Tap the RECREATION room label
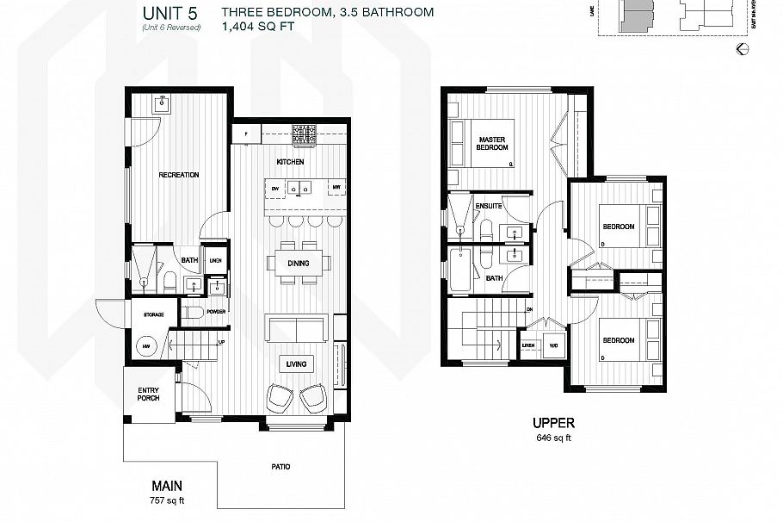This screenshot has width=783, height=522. click(x=179, y=175)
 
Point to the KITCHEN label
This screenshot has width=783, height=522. click(x=290, y=162)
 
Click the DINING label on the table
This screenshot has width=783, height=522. click(x=298, y=264)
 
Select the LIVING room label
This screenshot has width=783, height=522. click(x=297, y=364)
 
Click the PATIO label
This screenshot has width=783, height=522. click(x=281, y=467)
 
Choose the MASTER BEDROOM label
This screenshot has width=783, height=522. click(x=491, y=143)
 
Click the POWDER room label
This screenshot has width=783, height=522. click(x=215, y=311)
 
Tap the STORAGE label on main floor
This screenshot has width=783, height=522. click(x=154, y=315)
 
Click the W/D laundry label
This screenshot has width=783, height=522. click(x=552, y=345)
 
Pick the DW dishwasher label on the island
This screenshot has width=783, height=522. click(x=274, y=187)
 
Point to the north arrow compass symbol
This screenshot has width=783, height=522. click(x=742, y=50)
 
